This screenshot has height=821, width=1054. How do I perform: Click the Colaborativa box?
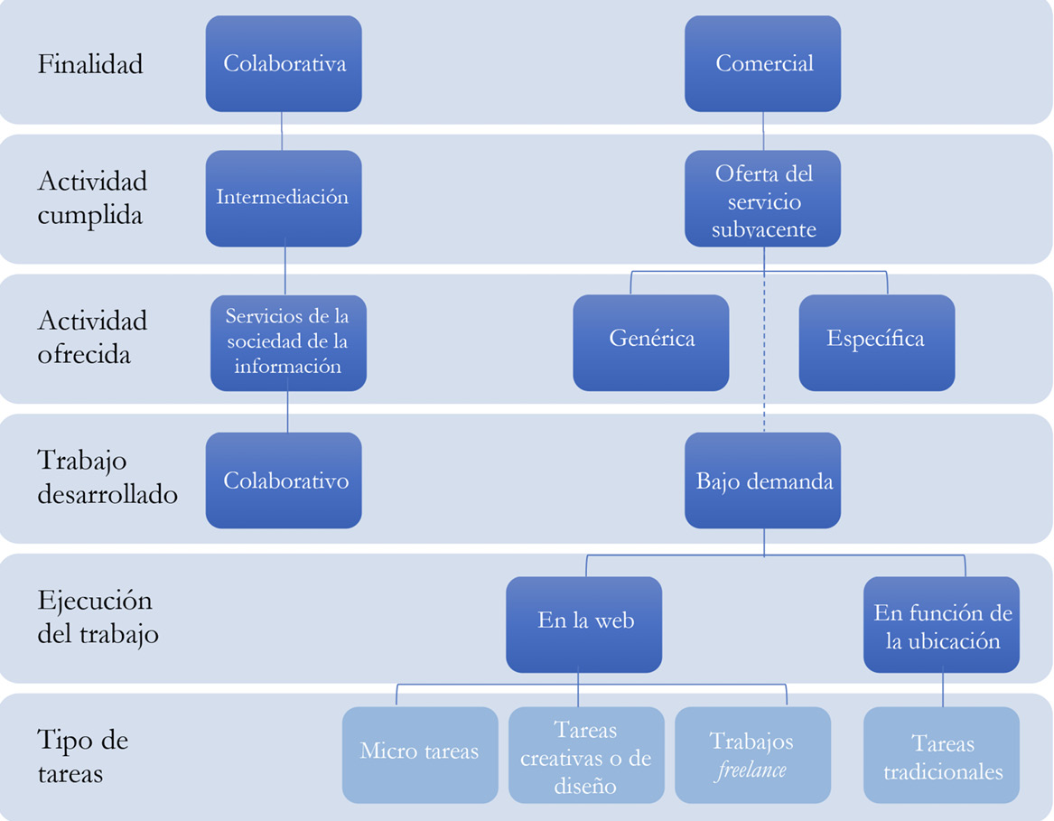pos(284,64)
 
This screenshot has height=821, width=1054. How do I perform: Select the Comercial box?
pos(763,64)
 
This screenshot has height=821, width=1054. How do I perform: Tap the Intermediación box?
pos(284,198)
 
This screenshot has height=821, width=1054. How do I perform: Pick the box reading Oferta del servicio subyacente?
pos(763,200)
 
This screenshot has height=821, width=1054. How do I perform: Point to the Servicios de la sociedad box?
pos(288,342)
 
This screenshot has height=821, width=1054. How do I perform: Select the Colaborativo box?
pos(284,480)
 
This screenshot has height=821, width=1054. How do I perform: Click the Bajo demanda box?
pos(763,480)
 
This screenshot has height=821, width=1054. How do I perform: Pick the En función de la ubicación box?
pos(942,626)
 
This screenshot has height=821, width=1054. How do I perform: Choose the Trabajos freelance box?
pos(751,755)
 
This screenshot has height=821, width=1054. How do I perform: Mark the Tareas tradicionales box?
pos(942,756)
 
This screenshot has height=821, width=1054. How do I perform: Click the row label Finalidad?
pos(90,65)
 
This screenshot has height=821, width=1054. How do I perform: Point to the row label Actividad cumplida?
pos(92,199)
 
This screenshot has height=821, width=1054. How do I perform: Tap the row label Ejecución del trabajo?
pos(98,618)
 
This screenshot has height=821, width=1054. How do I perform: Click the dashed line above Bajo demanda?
pos(764,361)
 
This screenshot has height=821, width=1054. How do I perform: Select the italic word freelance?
pos(751,770)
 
